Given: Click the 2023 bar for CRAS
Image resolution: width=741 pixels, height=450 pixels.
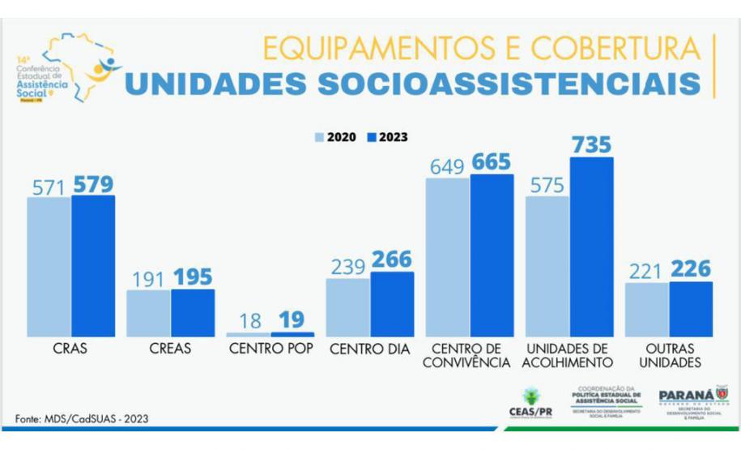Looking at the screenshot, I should click(93, 266).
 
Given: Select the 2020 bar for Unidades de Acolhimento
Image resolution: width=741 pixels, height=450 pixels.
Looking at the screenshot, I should click(547, 266).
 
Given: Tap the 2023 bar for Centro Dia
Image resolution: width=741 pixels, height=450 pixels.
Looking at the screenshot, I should click(392, 304).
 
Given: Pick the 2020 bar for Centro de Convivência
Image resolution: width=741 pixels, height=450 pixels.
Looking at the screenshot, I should click(447, 257).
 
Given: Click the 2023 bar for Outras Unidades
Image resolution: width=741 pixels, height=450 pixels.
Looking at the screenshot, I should click(691, 309).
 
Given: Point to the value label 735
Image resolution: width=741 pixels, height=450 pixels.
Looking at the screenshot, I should click(591, 145).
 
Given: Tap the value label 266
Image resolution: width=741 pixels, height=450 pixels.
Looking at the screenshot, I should click(391, 260).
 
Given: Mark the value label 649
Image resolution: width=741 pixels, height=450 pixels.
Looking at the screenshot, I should click(446, 166).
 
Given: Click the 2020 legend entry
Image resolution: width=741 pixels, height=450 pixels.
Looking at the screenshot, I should click(336, 138).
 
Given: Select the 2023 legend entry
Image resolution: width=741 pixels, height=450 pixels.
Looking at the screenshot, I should click(387, 138).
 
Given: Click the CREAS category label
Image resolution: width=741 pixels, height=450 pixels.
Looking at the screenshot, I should click(170, 349).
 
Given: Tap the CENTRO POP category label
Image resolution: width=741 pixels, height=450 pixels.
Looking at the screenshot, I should click(270, 349).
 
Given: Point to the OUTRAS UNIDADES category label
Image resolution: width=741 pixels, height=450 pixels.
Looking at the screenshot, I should click(668, 356).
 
